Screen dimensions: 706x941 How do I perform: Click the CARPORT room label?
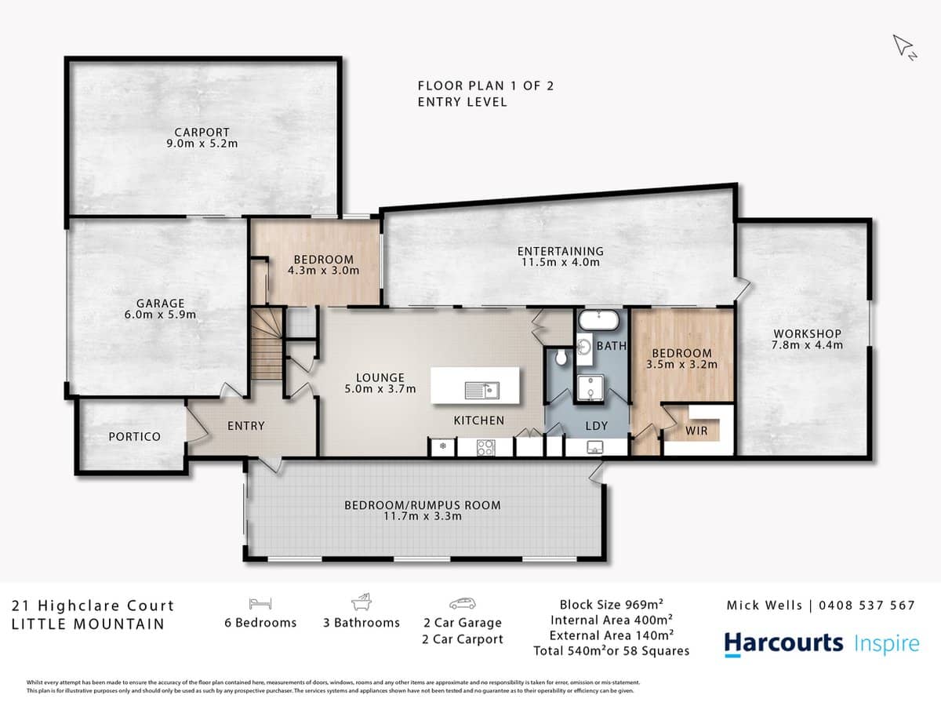point(202,133)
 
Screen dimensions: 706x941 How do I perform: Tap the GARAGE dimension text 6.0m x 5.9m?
point(160,315)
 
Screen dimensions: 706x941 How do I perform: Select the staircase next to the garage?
point(267,344)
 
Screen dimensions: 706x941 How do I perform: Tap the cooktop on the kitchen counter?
point(485,447)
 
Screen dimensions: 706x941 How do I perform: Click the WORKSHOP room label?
point(806,333)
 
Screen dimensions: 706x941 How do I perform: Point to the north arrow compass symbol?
point(904,46)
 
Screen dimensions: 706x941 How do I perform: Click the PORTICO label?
point(134,436)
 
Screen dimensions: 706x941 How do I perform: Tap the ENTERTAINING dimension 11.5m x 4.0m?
point(561,262)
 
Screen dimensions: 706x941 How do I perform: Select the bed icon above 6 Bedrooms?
point(260,602)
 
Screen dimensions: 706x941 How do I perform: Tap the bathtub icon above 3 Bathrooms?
point(362,602)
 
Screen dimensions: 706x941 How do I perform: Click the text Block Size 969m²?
point(611,604)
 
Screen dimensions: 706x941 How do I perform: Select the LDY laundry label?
point(594,426)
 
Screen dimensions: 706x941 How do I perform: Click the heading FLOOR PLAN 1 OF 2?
point(485,86)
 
